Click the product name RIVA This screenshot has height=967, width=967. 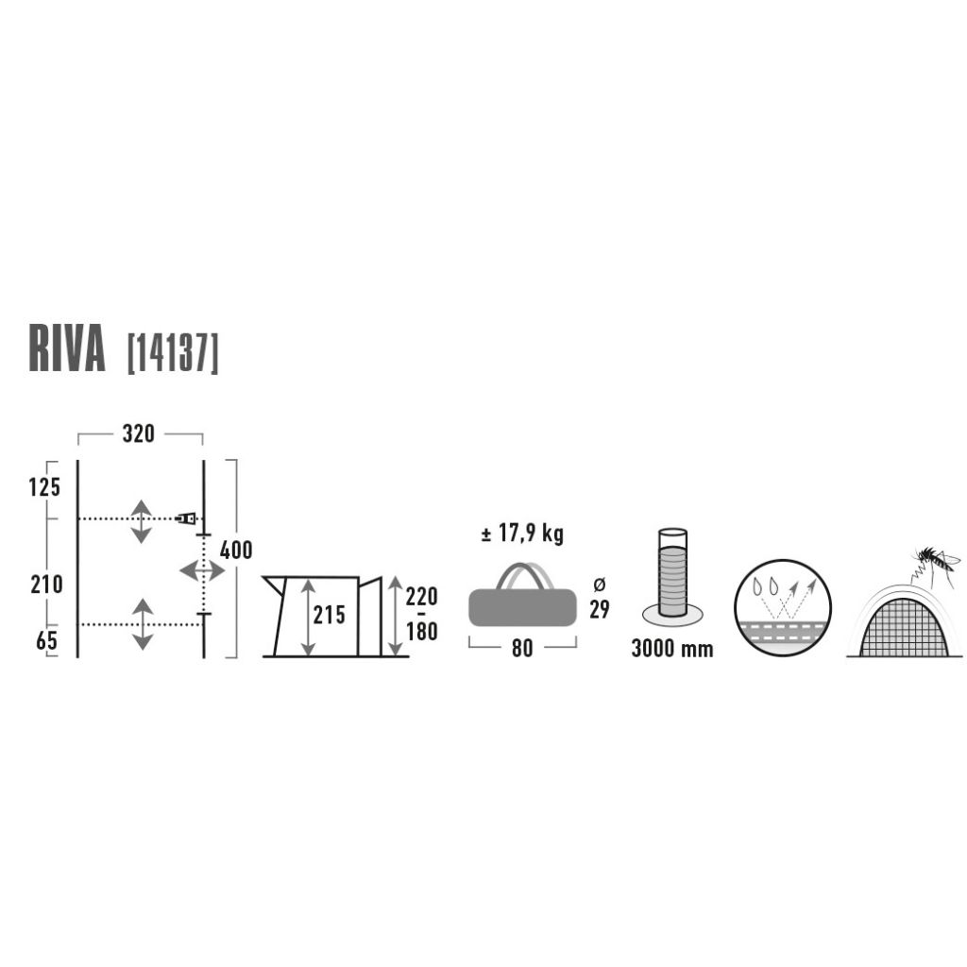pyautogui.click(x=67, y=349)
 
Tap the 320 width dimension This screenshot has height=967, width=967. pyautogui.click(x=138, y=434)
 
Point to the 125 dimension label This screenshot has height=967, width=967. pyautogui.click(x=44, y=488)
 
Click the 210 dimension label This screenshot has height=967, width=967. pyautogui.click(x=47, y=585)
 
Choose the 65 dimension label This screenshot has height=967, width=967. pyautogui.click(x=46, y=641)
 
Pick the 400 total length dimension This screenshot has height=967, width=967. pyautogui.click(x=236, y=551)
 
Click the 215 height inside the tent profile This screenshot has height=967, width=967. pyautogui.click(x=330, y=615)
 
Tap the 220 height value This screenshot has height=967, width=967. pyautogui.click(x=422, y=597)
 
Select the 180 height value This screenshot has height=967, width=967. pyautogui.click(x=422, y=632)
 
